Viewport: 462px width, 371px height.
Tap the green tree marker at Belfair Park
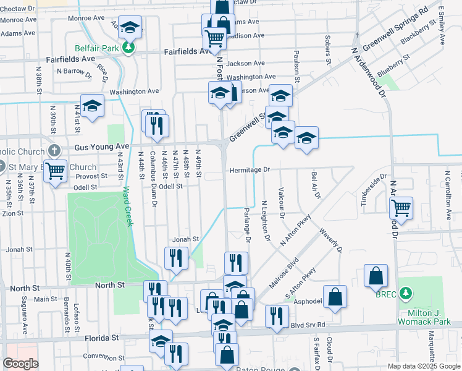point(128,48)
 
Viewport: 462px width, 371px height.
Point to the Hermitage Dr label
point(250,169)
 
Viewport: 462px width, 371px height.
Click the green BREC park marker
point(406,291)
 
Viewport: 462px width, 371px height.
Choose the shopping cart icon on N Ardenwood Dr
point(401,208)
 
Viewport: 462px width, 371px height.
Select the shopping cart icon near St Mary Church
point(56,169)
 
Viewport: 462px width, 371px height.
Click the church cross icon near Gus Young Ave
point(55,150)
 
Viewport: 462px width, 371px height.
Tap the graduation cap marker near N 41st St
point(92,106)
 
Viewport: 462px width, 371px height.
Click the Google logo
point(20,364)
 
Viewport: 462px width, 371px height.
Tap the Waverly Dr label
point(330,240)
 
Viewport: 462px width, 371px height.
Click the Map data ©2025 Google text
point(424,366)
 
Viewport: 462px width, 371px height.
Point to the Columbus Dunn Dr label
point(153,182)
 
